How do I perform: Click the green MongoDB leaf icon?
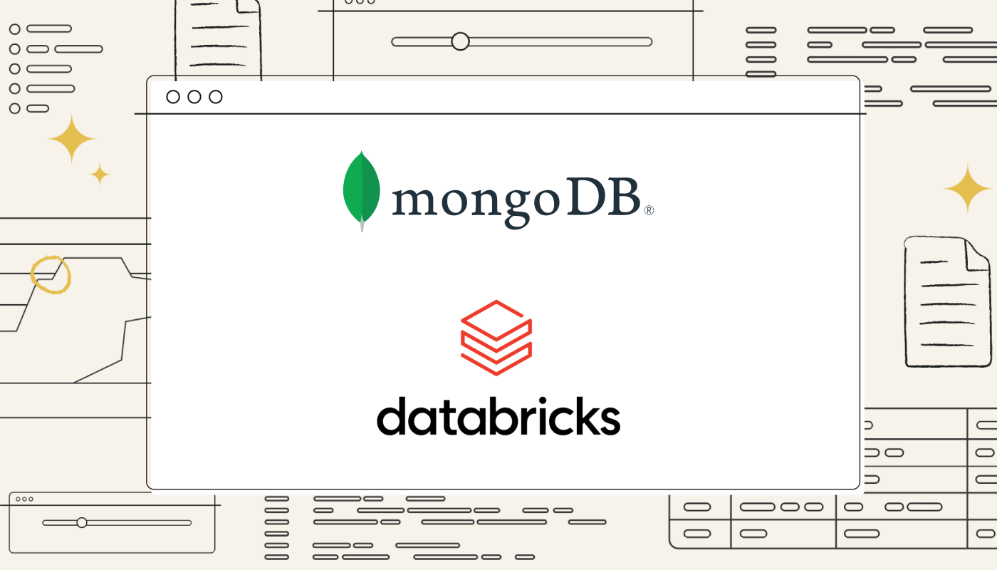coord(362,189)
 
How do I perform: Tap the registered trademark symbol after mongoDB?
coord(649,211)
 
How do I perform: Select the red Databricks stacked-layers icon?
coord(496,338)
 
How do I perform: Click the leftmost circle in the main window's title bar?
coord(173,97)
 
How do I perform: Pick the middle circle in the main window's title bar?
coord(194,97)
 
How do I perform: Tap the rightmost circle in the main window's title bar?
coord(216,97)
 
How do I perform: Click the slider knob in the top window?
coord(461,41)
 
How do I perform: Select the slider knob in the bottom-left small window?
coord(82,522)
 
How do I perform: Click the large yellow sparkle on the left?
coord(72,138)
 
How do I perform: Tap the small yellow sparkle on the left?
coord(100,174)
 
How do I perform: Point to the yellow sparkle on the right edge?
coord(967,189)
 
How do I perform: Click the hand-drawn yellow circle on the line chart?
coord(51,274)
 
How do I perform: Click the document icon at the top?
coord(217,36)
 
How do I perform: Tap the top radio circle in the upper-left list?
coord(14,29)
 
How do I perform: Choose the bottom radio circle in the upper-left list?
coord(14,108)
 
